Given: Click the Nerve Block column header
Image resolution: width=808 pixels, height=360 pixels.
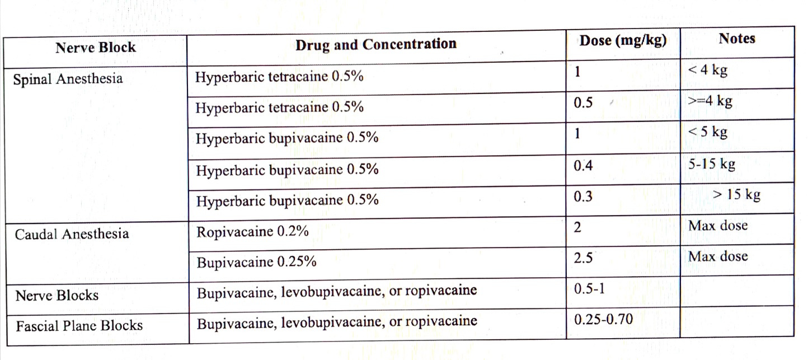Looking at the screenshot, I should [x=96, y=48].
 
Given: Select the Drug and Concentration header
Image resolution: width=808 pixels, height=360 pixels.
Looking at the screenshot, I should [x=375, y=44].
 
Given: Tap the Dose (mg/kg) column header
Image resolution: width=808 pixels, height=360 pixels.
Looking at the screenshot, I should [x=623, y=41].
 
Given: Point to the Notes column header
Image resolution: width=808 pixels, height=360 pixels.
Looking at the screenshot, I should [x=736, y=39].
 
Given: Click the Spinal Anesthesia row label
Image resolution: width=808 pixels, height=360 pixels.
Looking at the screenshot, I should [x=68, y=78].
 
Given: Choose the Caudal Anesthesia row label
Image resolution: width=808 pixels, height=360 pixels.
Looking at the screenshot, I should [x=72, y=234].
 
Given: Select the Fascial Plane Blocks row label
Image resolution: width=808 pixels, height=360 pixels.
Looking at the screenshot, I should [x=79, y=325].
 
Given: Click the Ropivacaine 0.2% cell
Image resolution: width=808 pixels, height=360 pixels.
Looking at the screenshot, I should [x=252, y=232].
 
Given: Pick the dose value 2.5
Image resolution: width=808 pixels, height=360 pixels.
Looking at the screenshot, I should [x=584, y=258].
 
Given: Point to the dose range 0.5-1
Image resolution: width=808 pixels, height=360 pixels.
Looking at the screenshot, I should [x=589, y=289].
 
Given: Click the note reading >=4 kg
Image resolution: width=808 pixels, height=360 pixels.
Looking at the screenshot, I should [x=710, y=101].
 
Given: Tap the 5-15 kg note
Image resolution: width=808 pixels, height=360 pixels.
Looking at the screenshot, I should [x=711, y=164].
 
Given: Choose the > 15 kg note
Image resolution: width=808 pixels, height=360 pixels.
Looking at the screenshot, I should [x=736, y=195].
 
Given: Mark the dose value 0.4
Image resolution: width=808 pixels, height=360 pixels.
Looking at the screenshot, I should [x=583, y=166].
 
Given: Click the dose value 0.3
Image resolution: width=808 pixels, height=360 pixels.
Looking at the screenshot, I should [x=583, y=197].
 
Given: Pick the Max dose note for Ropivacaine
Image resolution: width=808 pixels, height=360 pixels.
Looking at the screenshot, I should [x=718, y=226].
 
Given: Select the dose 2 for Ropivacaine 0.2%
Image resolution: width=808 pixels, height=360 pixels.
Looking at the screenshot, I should [x=578, y=227].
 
